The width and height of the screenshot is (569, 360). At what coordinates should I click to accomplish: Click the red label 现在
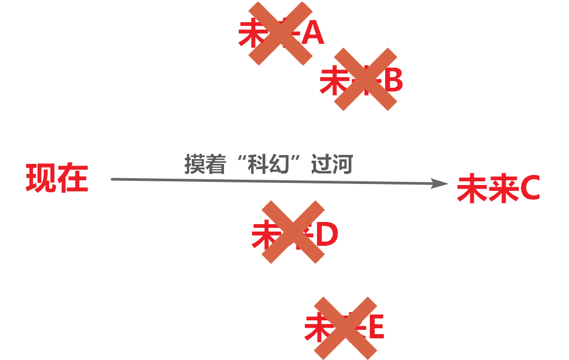click(57, 178)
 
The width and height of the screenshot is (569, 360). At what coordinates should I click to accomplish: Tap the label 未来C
click(498, 189)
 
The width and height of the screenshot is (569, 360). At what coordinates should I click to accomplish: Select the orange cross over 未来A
click(281, 33)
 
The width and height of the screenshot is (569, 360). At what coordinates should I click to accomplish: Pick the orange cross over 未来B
click(366, 79)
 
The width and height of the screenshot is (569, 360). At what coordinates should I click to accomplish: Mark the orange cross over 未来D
click(293, 232)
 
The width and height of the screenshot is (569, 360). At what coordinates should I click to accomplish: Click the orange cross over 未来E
click(346, 328)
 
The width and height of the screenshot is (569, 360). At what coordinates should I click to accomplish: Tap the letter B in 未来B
click(393, 80)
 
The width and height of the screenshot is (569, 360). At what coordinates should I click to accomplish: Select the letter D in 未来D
click(326, 235)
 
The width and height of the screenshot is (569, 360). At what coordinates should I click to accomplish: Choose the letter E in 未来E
click(376, 328)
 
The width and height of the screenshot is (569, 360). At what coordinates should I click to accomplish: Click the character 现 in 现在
click(41, 178)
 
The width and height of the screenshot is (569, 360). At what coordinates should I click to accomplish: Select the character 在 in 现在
click(72, 178)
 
